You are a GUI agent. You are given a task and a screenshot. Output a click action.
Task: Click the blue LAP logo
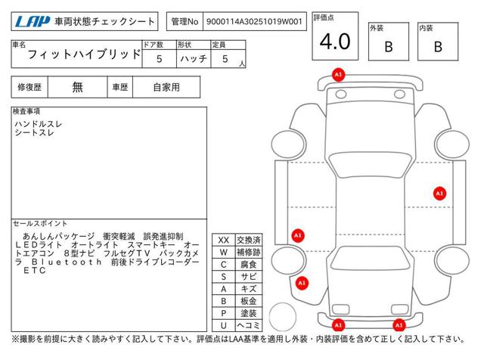tap(32, 22)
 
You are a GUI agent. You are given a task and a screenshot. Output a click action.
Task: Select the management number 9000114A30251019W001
tap(254, 22)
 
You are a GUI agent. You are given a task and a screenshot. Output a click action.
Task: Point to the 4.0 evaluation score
tap(335, 42)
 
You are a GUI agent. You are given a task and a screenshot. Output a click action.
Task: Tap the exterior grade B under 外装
tap(389, 47)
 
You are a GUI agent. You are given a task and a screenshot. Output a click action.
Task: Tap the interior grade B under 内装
tap(438, 47)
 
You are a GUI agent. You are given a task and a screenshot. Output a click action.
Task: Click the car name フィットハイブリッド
tap(84, 54)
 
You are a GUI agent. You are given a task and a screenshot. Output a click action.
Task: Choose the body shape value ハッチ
tap(194, 59)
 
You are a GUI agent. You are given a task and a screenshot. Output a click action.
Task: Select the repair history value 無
tap(77, 88)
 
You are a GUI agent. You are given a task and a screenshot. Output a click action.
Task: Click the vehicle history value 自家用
tap(166, 88)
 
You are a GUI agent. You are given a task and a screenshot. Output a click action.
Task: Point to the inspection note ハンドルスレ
tap(39, 124)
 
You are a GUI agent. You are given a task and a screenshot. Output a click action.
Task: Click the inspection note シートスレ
tap(34, 133)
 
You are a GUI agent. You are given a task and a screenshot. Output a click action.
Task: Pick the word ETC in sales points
tap(35, 271)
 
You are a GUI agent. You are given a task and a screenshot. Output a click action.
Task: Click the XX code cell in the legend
tap(224, 240)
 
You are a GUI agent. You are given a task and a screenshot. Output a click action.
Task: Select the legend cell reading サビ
tap(249, 277)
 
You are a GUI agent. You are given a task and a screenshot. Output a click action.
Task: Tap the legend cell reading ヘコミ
tap(249, 326)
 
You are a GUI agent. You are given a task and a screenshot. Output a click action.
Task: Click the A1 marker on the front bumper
tap(338, 75)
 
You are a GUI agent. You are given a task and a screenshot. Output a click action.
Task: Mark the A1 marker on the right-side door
tap(439, 194)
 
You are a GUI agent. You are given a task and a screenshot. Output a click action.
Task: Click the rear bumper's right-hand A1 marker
tap(399, 325)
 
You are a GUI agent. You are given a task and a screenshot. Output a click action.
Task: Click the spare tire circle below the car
tap(282, 317)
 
